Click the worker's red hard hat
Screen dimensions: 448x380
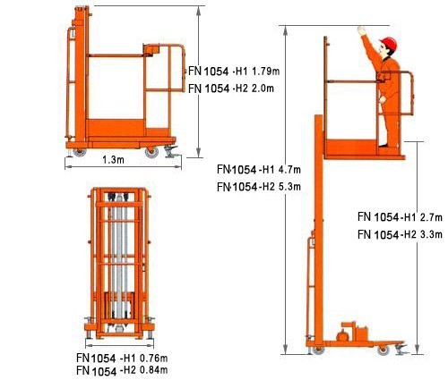pyautogui.click(x=389, y=44)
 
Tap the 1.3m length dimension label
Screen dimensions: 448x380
pyautogui.click(x=113, y=160)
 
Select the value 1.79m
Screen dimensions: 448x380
pyautogui.click(x=266, y=72)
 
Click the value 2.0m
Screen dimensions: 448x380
pyautogui.click(x=263, y=89)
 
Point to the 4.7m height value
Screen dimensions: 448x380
pyautogui.click(x=289, y=170)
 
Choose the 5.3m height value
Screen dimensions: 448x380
pyautogui.click(x=289, y=187)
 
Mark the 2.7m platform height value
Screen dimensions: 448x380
pyautogui.click(x=431, y=217)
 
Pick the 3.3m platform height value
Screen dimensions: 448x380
pyautogui.click(x=431, y=234)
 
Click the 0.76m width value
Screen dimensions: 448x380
pyautogui.click(x=154, y=358)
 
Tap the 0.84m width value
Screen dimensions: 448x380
pyautogui.click(x=154, y=370)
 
